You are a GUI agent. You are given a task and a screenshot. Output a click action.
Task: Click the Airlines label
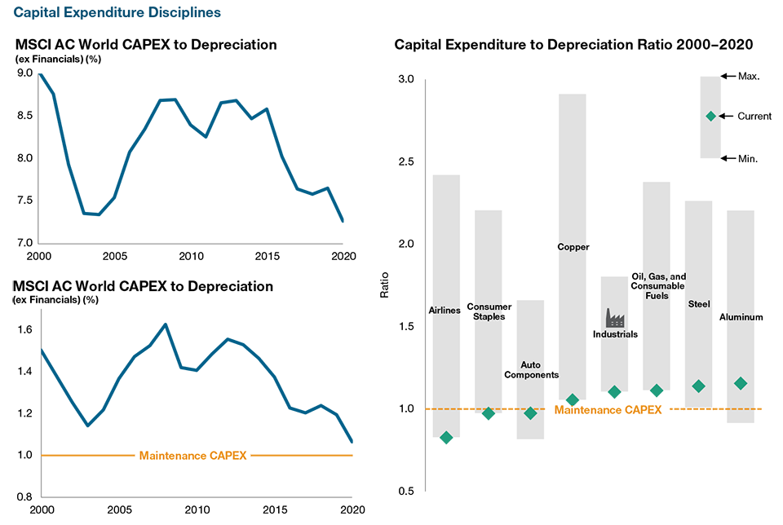pos(445,311)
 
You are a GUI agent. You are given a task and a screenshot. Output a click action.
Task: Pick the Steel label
pos(699,304)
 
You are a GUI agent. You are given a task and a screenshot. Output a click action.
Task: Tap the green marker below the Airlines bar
pos(446,444)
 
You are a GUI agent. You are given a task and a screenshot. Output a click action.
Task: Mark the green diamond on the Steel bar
pos(698,386)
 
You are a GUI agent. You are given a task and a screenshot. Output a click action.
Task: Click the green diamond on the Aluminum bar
pos(741,382)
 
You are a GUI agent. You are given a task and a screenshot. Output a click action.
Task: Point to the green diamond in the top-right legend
pos(711,116)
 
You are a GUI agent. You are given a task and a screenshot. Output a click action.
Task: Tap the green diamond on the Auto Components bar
pos(530,412)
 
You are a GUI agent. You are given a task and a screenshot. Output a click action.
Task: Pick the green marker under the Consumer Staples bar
pos(488,420)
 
